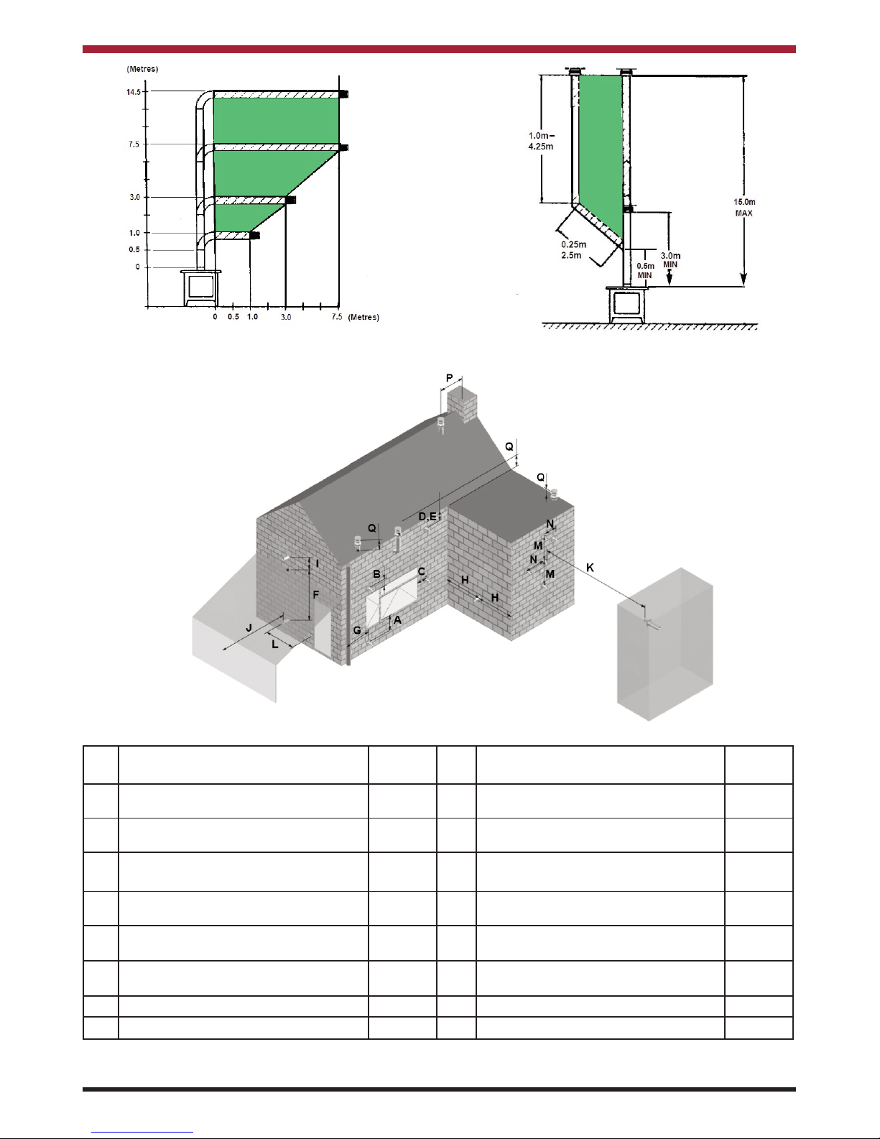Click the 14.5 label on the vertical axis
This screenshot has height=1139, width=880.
134,92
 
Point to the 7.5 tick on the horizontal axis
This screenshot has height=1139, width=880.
337,317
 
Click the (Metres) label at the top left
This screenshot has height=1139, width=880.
142,69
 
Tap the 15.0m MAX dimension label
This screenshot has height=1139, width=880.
744,208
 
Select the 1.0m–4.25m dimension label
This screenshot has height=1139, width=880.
541,141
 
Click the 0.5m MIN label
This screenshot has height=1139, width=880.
645,270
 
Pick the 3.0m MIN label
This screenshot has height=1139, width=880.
670,260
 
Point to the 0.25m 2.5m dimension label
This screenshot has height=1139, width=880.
573,250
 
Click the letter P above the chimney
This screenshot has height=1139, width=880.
450,378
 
